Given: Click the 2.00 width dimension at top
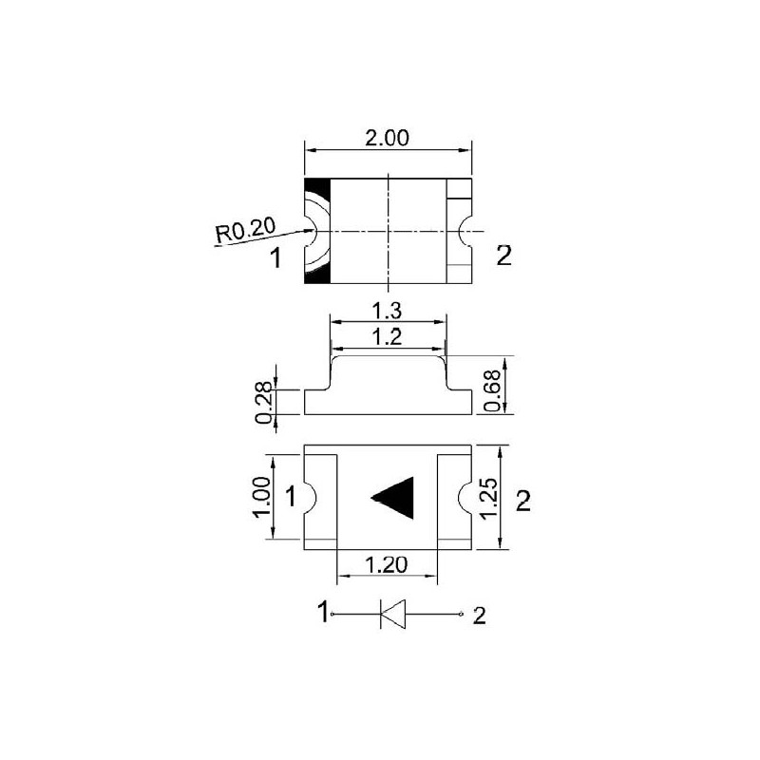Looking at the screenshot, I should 387,138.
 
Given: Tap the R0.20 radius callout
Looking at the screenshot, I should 246,229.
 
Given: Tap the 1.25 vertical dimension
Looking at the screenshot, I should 488,497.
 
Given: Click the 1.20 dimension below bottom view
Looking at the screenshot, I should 387,564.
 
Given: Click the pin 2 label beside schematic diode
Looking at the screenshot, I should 479,617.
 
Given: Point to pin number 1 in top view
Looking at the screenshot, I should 276,257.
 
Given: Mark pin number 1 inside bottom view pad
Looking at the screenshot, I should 292,496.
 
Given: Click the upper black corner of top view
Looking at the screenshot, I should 316,187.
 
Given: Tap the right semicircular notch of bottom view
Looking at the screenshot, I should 465,497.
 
